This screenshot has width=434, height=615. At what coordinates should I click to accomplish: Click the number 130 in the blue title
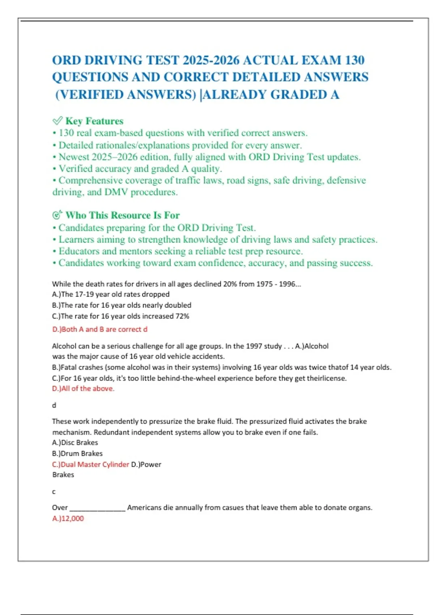[x=354, y=60]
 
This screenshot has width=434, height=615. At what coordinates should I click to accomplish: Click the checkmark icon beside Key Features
[x=58, y=120]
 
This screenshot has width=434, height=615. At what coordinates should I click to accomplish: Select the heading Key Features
[x=94, y=121]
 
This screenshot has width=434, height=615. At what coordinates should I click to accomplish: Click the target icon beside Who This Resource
[x=58, y=215]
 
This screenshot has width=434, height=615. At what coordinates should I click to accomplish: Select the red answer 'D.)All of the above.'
[x=83, y=389]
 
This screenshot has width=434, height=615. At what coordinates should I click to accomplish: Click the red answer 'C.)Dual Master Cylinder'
[x=90, y=464]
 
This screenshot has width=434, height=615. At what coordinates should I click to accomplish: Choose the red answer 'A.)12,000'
[x=68, y=518]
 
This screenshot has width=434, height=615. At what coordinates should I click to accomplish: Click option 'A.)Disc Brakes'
[x=75, y=442]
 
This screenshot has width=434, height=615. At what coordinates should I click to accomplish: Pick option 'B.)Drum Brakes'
[x=77, y=453]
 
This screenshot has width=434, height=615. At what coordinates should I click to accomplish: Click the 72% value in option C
[x=182, y=316]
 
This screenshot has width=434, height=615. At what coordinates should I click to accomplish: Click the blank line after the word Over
[x=97, y=508]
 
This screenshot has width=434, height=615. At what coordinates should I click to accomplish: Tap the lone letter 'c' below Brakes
[x=54, y=492]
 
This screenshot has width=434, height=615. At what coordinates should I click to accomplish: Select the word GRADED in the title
[x=299, y=94]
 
